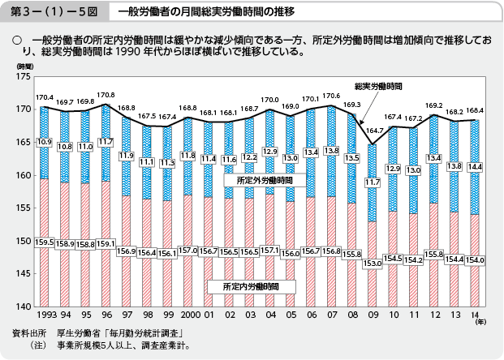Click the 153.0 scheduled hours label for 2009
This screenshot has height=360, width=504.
(x=374, y=264)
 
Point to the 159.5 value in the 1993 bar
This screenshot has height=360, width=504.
(x=45, y=241)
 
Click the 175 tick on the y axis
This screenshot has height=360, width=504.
(x=23, y=76)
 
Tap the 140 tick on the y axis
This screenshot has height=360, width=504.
(x=23, y=306)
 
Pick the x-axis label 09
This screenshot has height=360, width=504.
(x=374, y=314)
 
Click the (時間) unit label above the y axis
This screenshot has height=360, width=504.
(x=24, y=63)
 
